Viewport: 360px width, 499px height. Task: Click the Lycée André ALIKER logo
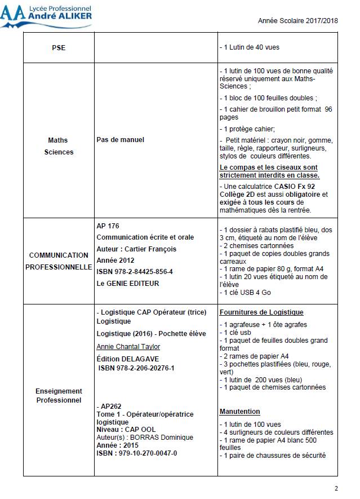pyautogui.click(x=46, y=15)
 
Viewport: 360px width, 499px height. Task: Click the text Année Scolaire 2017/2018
pyautogui.click(x=298, y=20)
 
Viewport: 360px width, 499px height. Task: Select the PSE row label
pyautogui.click(x=59, y=48)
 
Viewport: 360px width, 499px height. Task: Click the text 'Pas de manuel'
pyautogui.click(x=120, y=139)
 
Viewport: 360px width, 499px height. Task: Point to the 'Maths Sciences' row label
pyautogui.click(x=59, y=145)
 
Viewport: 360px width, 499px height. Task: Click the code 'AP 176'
pyautogui.click(x=108, y=226)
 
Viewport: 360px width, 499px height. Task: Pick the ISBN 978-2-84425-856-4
pyautogui.click(x=135, y=272)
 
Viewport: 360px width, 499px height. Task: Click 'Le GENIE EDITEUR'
pyautogui.click(x=128, y=283)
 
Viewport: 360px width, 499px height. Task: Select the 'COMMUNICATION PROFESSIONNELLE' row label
pyautogui.click(x=59, y=260)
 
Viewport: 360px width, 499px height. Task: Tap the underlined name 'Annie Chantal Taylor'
pyautogui.click(x=128, y=346)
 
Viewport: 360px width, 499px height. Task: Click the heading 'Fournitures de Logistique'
pyautogui.click(x=261, y=312)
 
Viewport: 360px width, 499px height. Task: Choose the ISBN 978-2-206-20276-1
pyautogui.click(x=136, y=368)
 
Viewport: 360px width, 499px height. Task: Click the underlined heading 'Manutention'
pyautogui.click(x=239, y=412)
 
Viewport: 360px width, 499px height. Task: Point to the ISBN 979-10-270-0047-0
pyautogui.click(x=137, y=453)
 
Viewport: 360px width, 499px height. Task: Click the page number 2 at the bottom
pyautogui.click(x=336, y=488)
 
